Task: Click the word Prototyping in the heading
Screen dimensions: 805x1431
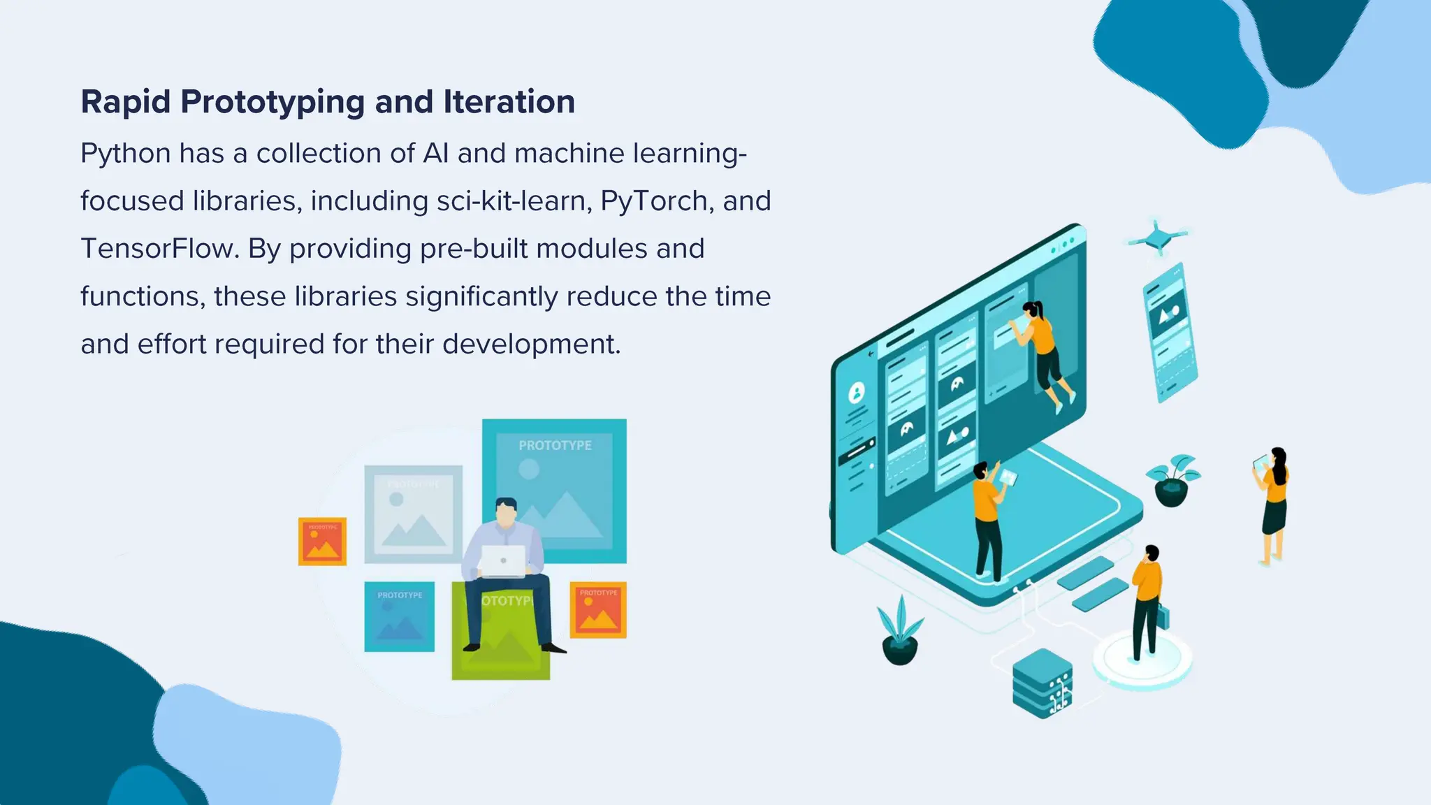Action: [273, 102]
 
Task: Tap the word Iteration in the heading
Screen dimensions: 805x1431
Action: [509, 102]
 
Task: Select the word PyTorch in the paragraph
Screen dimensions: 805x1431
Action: [654, 201]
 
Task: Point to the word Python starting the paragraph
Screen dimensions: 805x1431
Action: [126, 154]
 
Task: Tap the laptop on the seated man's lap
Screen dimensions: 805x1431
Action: [503, 560]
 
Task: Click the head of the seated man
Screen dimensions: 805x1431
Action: [506, 512]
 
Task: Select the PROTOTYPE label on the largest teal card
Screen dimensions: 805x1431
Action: [555, 446]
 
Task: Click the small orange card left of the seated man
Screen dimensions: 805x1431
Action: [322, 542]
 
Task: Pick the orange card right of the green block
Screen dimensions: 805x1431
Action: [598, 610]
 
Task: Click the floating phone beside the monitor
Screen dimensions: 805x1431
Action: [1170, 332]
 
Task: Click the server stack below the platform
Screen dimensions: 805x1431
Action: [1042, 683]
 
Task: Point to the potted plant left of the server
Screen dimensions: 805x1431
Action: [900, 632]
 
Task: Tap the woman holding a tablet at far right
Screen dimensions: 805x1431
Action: [1274, 503]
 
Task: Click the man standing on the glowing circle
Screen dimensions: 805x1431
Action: [1147, 601]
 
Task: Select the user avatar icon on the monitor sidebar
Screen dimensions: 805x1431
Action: [857, 393]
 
